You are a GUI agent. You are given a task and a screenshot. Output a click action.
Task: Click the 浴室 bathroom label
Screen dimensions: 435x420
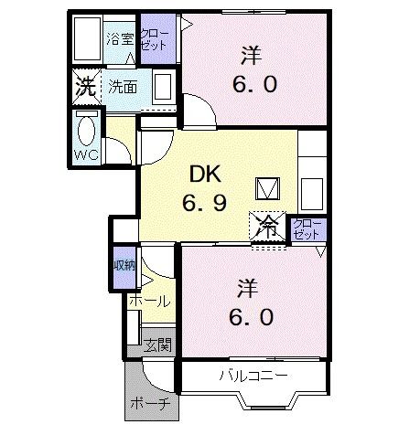click(x=119, y=39)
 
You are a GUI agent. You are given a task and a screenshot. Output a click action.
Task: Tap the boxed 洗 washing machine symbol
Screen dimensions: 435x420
click(x=86, y=89)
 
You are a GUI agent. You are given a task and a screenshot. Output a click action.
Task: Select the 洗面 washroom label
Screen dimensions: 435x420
click(x=123, y=89)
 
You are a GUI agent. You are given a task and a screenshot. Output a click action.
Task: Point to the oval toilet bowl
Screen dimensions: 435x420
click(x=88, y=128)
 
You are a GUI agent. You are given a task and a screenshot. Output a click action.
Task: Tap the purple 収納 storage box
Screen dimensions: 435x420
click(x=124, y=265)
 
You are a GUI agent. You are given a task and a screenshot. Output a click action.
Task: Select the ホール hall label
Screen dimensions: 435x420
click(x=148, y=301)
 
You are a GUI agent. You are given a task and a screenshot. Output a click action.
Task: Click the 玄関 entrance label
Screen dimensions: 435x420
click(x=157, y=345)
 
